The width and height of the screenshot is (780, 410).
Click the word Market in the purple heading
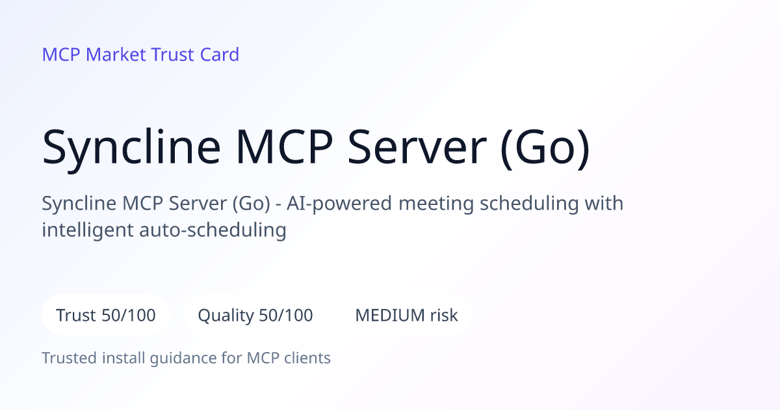pyautogui.click(x=116, y=55)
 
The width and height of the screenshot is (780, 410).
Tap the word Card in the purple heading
pyautogui.click(x=220, y=55)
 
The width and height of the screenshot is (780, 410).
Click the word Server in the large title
pyautogui.click(x=417, y=147)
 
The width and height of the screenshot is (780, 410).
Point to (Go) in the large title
pyautogui.click(x=545, y=148)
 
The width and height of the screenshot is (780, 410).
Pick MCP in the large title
pyautogui.click(x=284, y=147)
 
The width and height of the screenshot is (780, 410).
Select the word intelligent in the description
pyautogui.click(x=87, y=231)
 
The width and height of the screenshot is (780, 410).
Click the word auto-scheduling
pyautogui.click(x=213, y=231)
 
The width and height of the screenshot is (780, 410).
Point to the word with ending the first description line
pyautogui.click(x=604, y=203)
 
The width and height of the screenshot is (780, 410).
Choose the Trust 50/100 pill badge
pyautogui.click(x=106, y=315)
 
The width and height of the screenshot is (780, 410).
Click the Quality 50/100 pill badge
pyautogui.click(x=255, y=315)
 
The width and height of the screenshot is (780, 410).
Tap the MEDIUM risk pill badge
pyautogui.click(x=406, y=315)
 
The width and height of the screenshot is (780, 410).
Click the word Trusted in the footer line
pyautogui.click(x=70, y=358)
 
